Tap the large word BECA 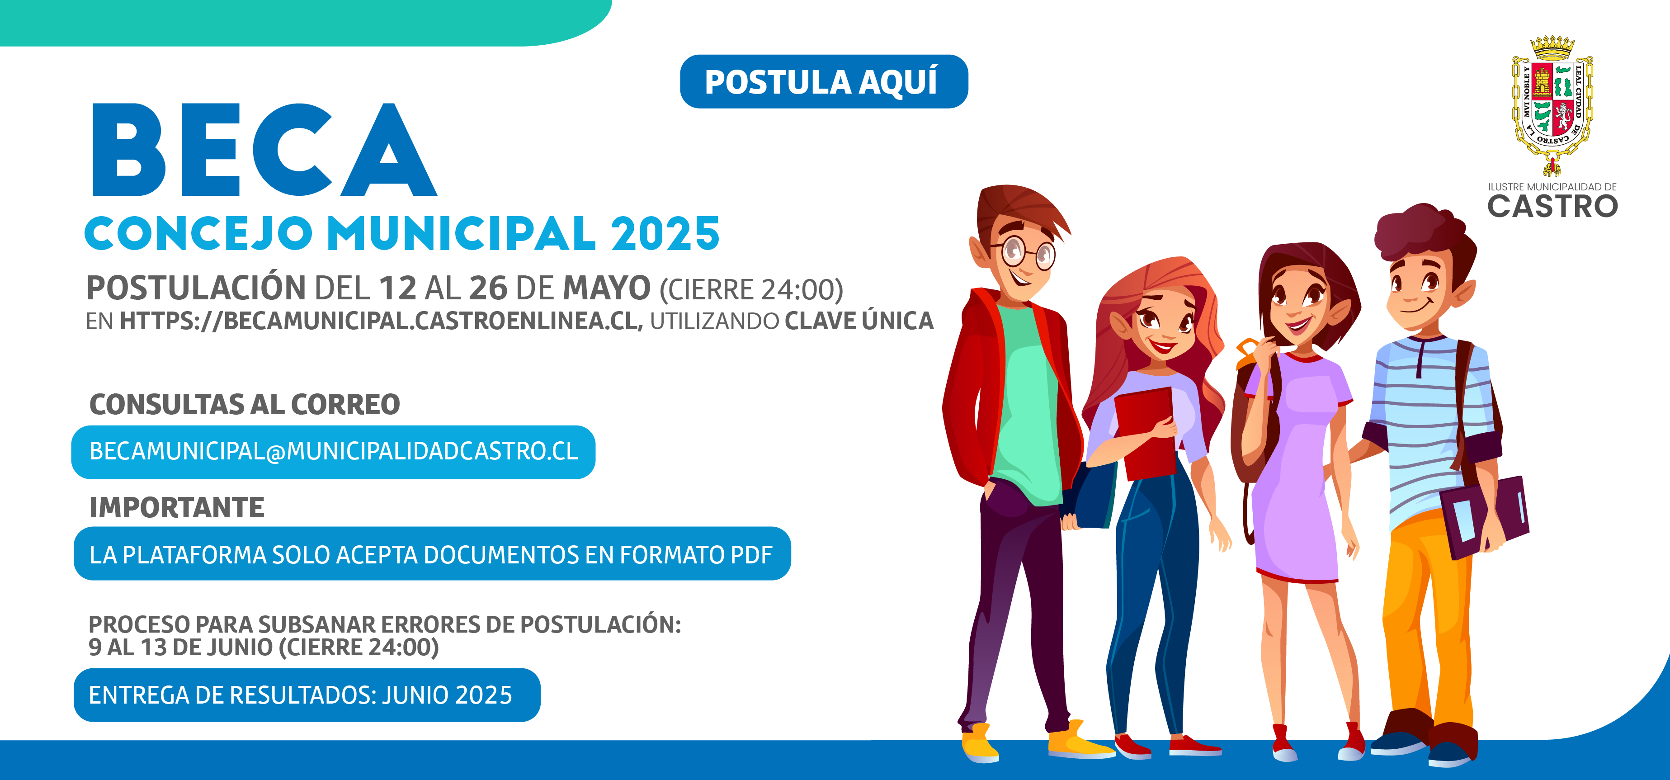click(264, 150)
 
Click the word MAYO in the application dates click(606, 288)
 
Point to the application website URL click(381, 321)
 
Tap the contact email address click(333, 452)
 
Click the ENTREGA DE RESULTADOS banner click(307, 695)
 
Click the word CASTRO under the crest click(1552, 207)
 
